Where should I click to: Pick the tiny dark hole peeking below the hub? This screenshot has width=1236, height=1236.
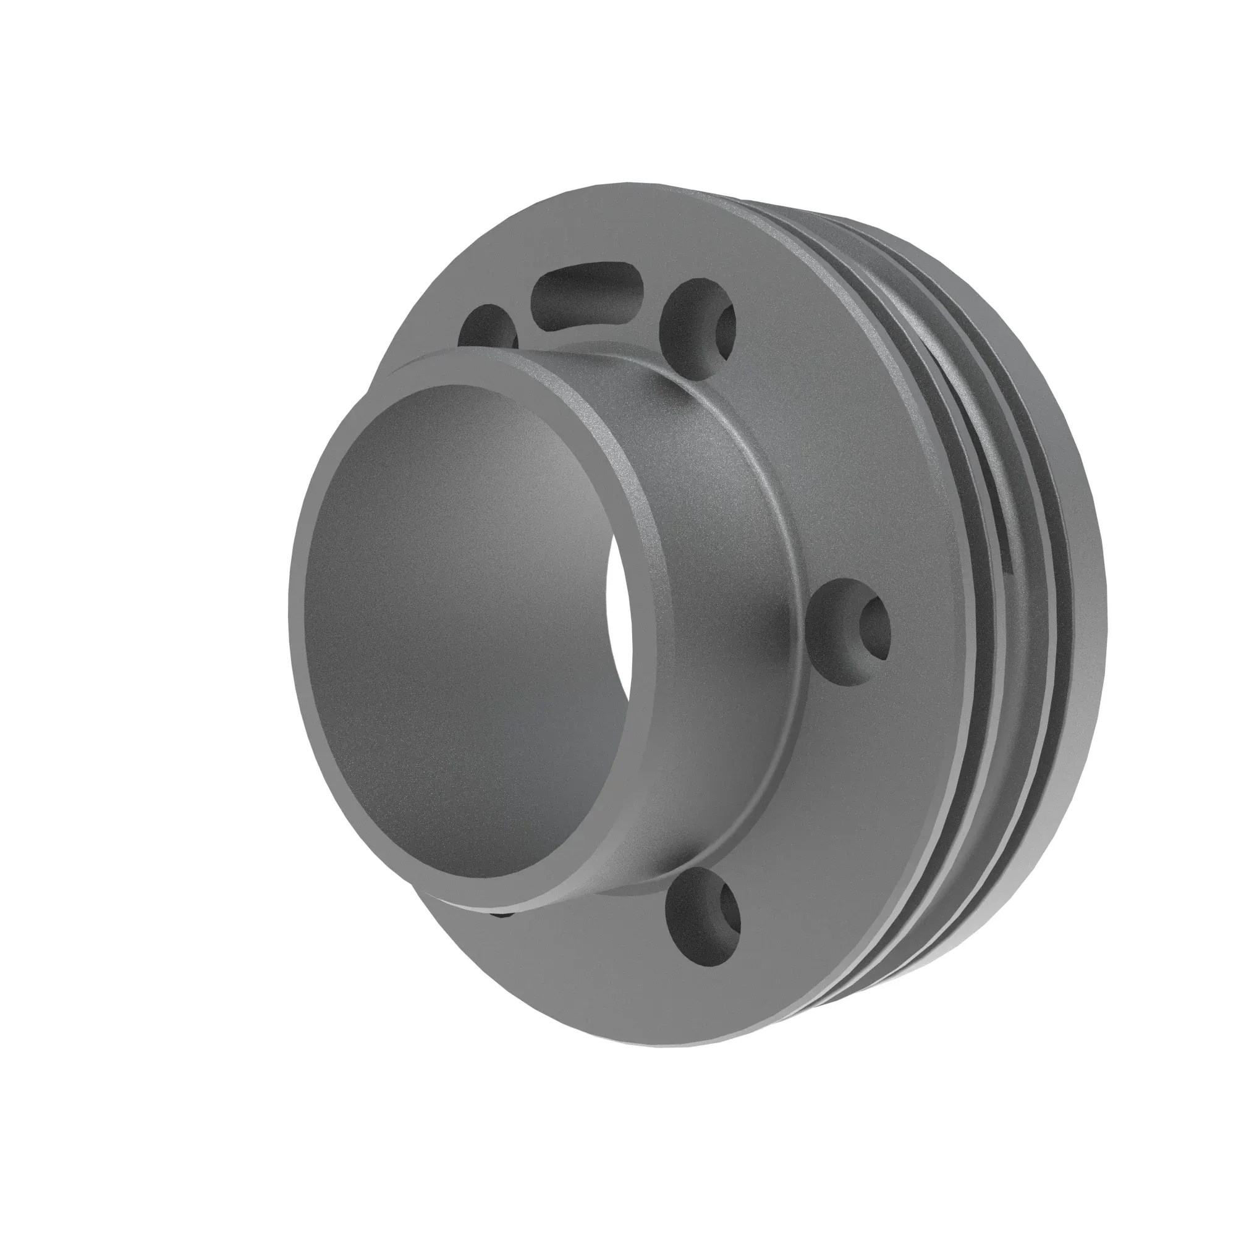(506, 915)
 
